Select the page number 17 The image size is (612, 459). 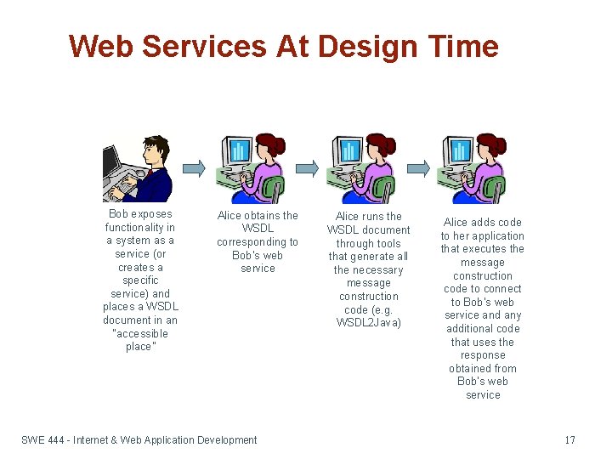(569, 439)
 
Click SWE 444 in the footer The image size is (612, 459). (44, 439)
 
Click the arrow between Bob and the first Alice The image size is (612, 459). (194, 167)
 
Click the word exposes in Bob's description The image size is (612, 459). (152, 214)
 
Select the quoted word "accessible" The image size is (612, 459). (140, 334)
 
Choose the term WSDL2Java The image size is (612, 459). (368, 323)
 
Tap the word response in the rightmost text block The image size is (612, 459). (483, 355)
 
